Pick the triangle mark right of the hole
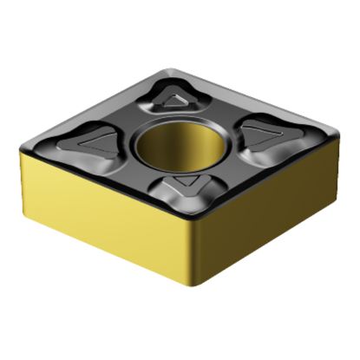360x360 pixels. pos(259,132)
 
